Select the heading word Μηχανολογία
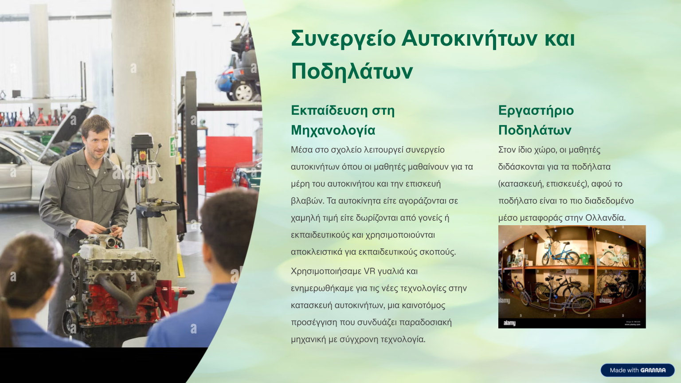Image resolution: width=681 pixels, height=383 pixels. tap(333, 130)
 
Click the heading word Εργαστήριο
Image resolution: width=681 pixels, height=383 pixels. tap(536, 111)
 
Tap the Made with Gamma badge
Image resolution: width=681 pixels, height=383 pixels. tap(638, 370)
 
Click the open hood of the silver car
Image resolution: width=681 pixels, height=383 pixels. tap(68, 129)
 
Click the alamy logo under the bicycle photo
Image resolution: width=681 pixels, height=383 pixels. tap(509, 323)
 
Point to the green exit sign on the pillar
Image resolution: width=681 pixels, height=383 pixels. tap(172, 147)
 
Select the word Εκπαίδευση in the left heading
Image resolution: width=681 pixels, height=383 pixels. tap(329, 111)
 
